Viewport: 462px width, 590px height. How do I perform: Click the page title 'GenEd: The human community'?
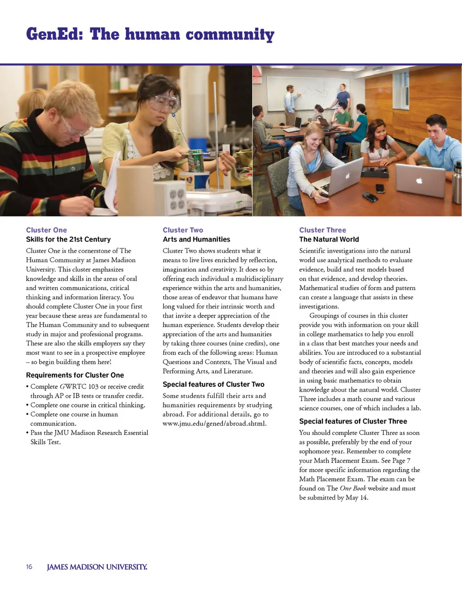[150, 35]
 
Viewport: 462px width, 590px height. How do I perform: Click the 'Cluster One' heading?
[46, 230]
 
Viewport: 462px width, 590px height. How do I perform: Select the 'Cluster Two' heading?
[183, 230]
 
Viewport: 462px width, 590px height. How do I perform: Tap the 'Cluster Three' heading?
[322, 230]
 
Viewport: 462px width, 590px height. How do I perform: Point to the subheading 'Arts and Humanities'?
[196, 239]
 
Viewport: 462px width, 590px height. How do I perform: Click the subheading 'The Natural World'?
[329, 239]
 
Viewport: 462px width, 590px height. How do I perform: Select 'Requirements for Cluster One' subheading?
[75, 375]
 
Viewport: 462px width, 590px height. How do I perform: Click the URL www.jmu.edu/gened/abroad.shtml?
[215, 423]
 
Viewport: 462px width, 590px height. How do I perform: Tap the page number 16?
[29, 567]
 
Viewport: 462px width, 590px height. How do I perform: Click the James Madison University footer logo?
[97, 567]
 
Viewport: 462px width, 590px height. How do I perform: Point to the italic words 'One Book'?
[353, 488]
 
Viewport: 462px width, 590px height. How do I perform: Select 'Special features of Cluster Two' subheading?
[213, 384]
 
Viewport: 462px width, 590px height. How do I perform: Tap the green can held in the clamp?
[195, 160]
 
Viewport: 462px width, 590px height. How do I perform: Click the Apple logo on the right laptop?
[418, 181]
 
